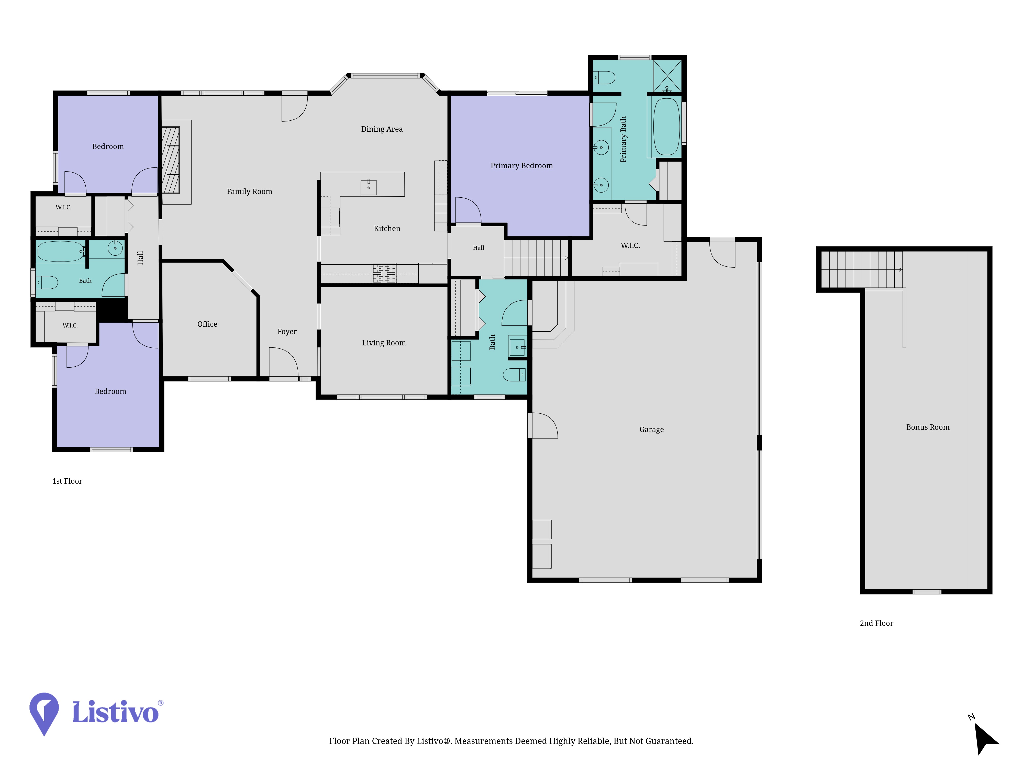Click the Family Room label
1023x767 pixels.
[x=249, y=191]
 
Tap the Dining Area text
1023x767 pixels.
[x=382, y=129]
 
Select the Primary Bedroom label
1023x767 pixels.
[x=521, y=165]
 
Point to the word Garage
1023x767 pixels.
[x=651, y=430]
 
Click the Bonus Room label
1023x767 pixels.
[x=928, y=427]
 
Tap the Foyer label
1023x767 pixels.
[x=287, y=332]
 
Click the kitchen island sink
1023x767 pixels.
[x=369, y=187]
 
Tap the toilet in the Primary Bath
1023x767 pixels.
[x=604, y=77]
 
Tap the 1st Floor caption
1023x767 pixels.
[x=67, y=481]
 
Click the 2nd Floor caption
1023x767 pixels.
[x=876, y=623]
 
